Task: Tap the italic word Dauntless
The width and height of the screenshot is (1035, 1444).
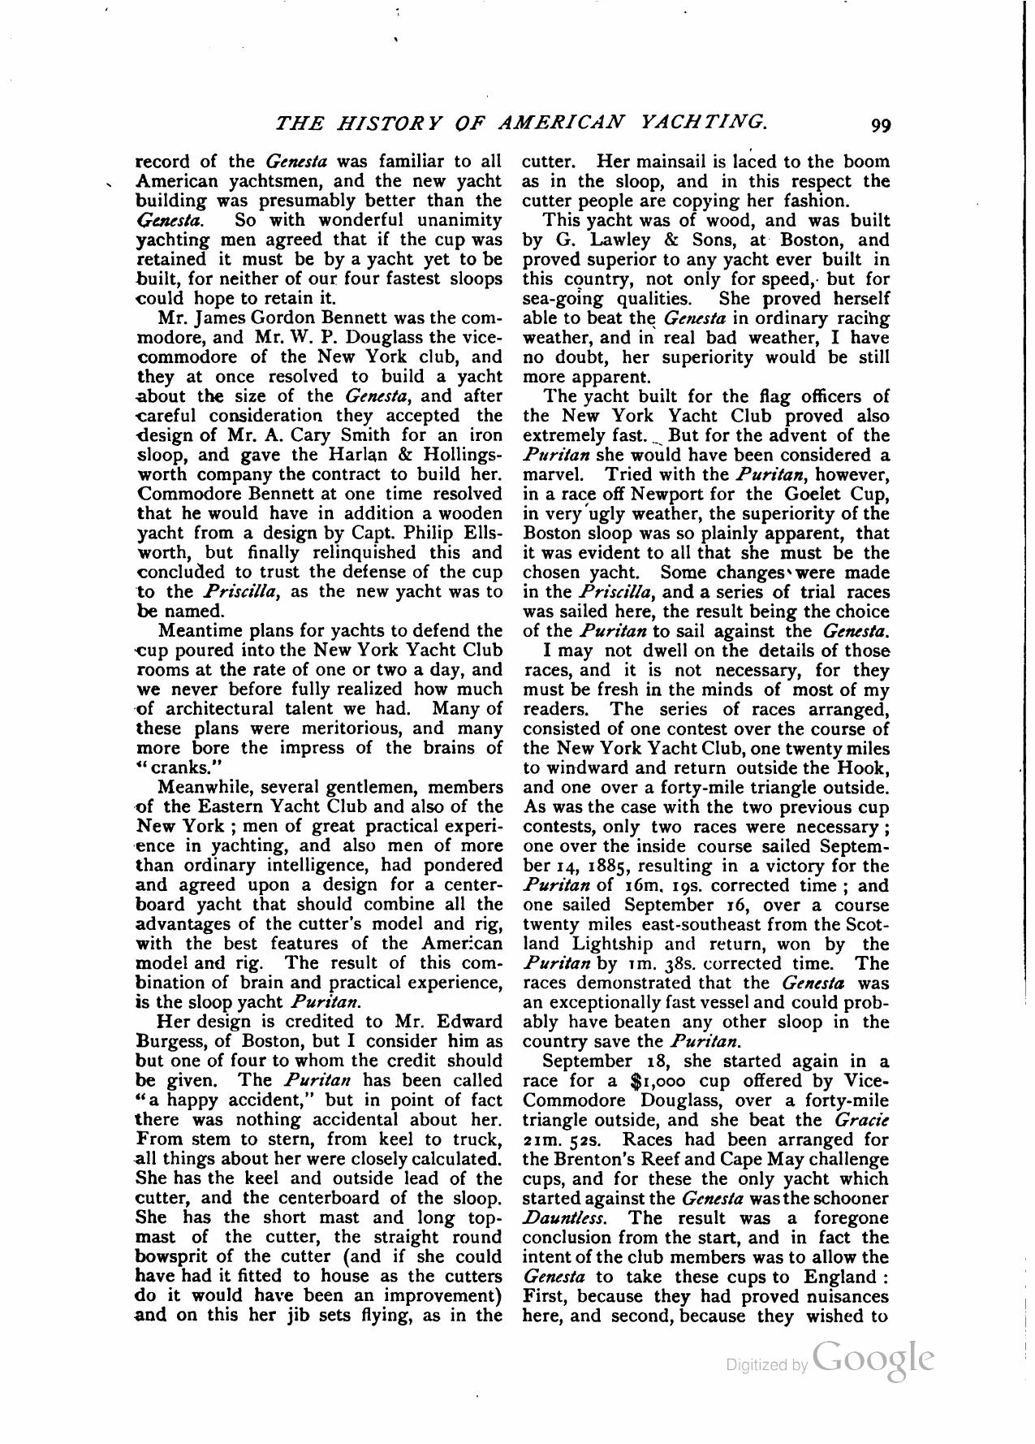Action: tap(562, 1218)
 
